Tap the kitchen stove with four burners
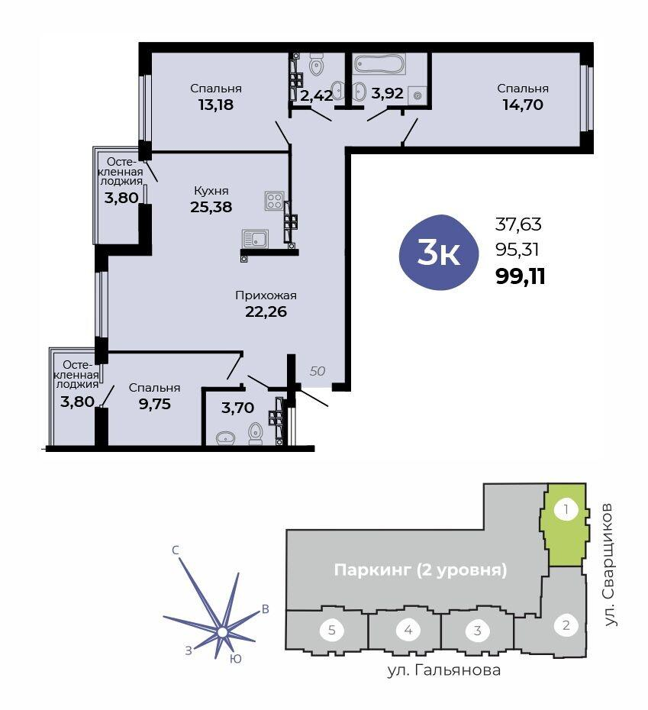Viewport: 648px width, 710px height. pyautogui.click(x=275, y=201)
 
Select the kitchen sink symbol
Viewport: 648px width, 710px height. pyautogui.click(x=256, y=239)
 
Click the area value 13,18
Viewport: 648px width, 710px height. pyautogui.click(x=216, y=105)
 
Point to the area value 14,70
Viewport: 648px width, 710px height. pyautogui.click(x=523, y=105)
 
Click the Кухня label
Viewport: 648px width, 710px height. pyautogui.click(x=211, y=191)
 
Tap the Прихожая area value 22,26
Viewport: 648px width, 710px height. pyautogui.click(x=266, y=311)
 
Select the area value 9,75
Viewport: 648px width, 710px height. pyautogui.click(x=155, y=403)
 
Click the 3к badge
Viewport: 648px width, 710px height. pyautogui.click(x=438, y=252)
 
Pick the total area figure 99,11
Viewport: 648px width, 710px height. pyautogui.click(x=521, y=276)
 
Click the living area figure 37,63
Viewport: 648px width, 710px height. pyautogui.click(x=518, y=224)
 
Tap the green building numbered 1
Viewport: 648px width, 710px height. pyautogui.click(x=565, y=524)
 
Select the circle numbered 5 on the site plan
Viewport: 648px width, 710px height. pyautogui.click(x=332, y=630)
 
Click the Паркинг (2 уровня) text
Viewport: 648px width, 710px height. pyautogui.click(x=421, y=570)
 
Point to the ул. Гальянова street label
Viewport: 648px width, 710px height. pyautogui.click(x=443, y=670)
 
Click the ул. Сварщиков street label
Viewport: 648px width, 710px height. pyautogui.click(x=610, y=564)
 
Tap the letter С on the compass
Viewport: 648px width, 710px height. pyautogui.click(x=176, y=550)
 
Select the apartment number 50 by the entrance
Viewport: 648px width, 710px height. pyautogui.click(x=318, y=371)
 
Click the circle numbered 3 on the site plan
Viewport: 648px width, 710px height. pyautogui.click(x=477, y=630)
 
